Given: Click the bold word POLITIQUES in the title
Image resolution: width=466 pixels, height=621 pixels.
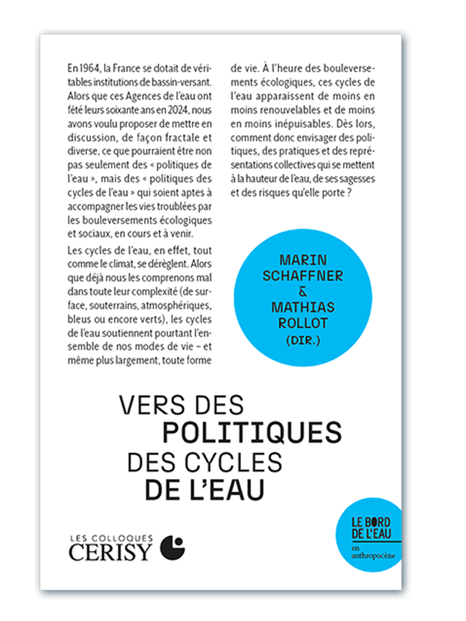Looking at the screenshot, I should pyautogui.click(x=252, y=432).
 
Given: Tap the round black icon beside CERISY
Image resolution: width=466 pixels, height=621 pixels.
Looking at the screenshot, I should pyautogui.click(x=172, y=547).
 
